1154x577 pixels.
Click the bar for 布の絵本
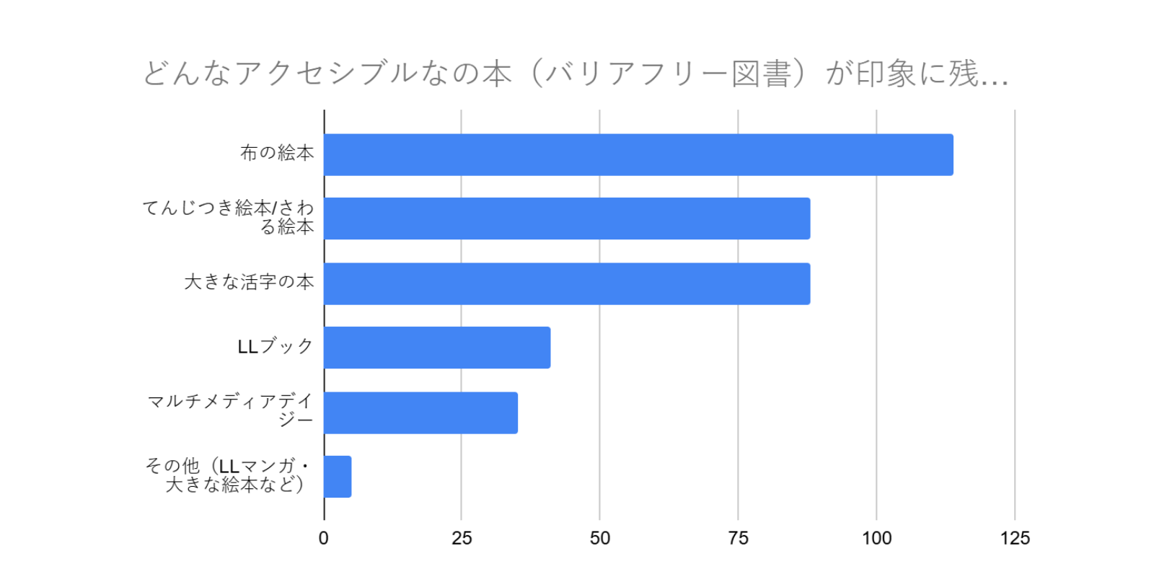(638, 154)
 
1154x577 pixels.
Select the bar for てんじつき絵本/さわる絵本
(567, 219)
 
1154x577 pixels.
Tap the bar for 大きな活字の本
(567, 283)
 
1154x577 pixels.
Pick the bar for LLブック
(437, 348)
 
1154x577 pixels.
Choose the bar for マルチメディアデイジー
(420, 413)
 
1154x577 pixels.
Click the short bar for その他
(338, 477)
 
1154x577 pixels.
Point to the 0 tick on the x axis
(324, 538)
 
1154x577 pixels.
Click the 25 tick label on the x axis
(462, 538)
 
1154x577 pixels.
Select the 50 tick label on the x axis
(600, 538)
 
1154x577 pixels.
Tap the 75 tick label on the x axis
(738, 538)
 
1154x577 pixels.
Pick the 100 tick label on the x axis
(876, 538)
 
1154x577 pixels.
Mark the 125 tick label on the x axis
(1015, 538)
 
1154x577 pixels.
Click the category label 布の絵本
(277, 153)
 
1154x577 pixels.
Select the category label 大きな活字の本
(249, 282)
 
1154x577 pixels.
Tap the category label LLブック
(275, 347)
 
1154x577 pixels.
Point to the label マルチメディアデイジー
(231, 410)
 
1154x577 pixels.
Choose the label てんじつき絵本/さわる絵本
(229, 217)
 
